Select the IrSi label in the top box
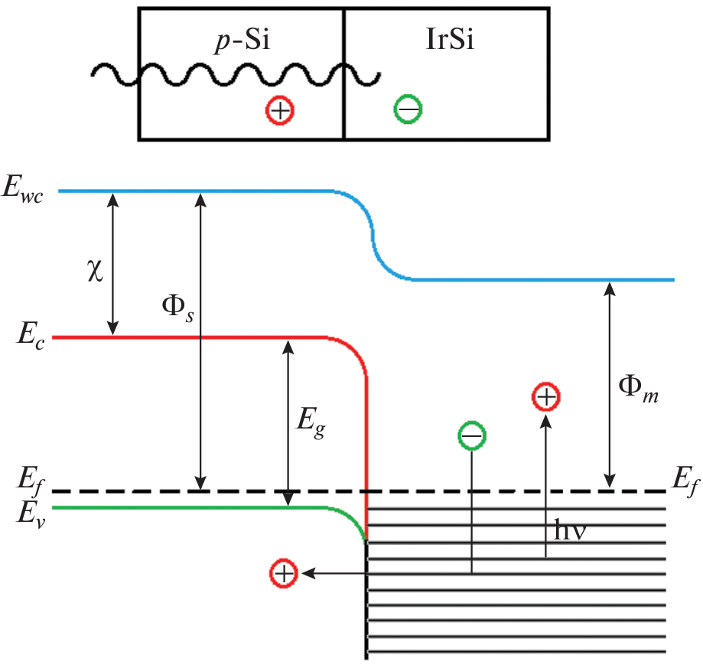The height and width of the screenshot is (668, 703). click(x=449, y=40)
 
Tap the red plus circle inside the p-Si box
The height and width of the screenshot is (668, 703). click(x=280, y=110)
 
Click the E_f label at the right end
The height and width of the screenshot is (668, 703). click(x=684, y=484)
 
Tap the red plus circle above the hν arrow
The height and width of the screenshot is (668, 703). click(x=546, y=398)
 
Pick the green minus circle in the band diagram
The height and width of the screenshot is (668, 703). click(x=471, y=436)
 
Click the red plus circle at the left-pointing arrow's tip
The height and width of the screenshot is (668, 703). click(x=284, y=573)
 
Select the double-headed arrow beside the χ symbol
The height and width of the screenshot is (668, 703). click(x=113, y=263)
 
